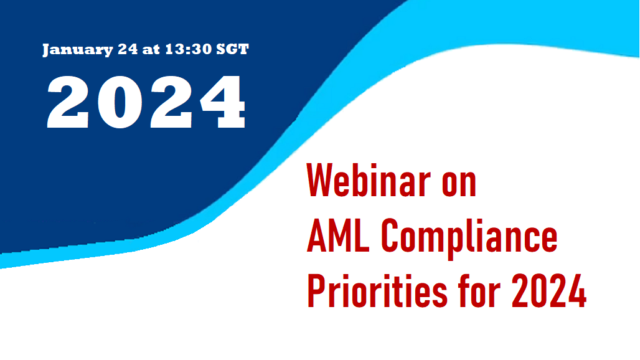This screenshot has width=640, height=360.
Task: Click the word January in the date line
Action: pyautogui.click(x=78, y=50)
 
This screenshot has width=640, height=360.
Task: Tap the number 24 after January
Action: pyautogui.click(x=128, y=49)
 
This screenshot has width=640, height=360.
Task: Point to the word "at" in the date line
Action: pyautogui.click(x=151, y=50)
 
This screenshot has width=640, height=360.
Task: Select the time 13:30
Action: pyautogui.click(x=189, y=49)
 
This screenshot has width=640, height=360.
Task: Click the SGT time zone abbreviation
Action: pyautogui.click(x=232, y=49)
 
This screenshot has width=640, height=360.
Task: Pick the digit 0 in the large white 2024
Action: pyautogui.click(x=120, y=102)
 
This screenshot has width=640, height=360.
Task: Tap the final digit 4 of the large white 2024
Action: pyautogui.click(x=223, y=102)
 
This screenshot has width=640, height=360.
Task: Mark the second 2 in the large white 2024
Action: pyautogui.click(x=171, y=102)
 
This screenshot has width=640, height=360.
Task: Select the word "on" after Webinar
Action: pyautogui.click(x=459, y=184)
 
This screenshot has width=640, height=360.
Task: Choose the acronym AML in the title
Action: pyautogui.click(x=338, y=235)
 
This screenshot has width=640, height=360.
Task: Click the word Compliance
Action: pyautogui.click(x=469, y=239)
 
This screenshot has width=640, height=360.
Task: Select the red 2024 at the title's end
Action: pyautogui.click(x=549, y=291)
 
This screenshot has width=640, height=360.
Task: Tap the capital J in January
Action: pyautogui.click(x=47, y=49)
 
